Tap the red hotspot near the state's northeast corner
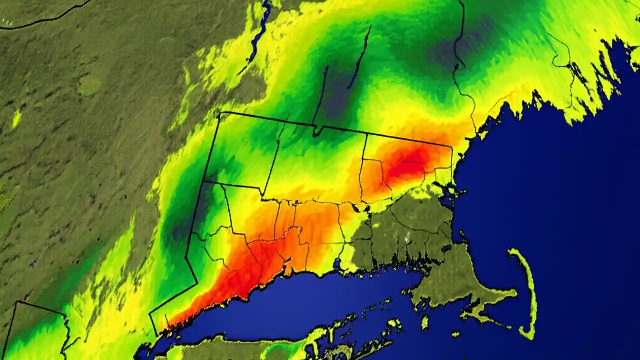pos(407,162)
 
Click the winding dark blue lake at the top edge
pos(260,30)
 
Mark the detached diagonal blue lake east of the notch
pos(360,57)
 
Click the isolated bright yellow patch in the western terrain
pos(16,119)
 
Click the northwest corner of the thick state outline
pos(220,114)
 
